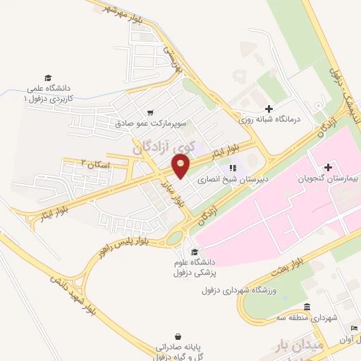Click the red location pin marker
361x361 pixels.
click(181, 166)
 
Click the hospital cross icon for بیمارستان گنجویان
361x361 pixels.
click(328, 167)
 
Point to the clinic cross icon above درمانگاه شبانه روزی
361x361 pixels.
click(268, 108)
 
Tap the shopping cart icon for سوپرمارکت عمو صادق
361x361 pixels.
click(150, 112)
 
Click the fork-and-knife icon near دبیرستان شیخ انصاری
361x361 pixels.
click(232, 168)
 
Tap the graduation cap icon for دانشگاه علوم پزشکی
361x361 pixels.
click(194, 252)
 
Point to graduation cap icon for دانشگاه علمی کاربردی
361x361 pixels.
click(48, 78)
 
